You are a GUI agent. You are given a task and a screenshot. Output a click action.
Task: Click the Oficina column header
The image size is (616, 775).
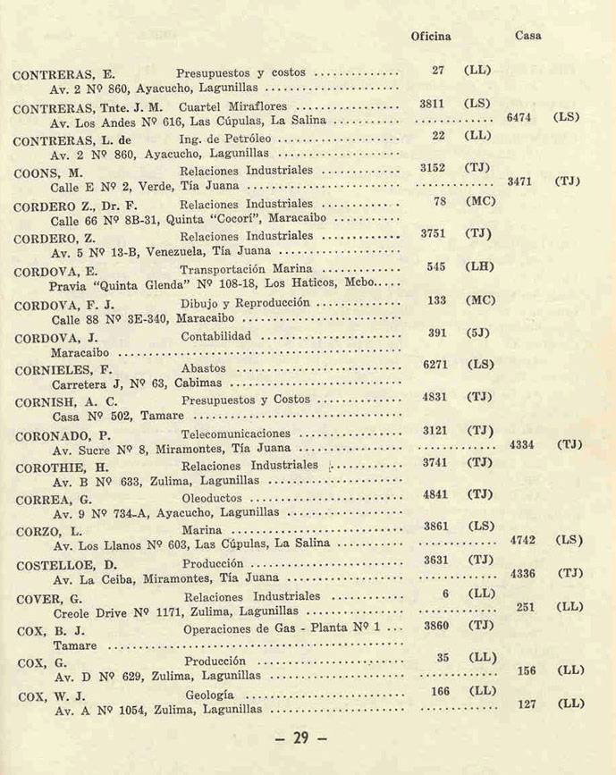430,37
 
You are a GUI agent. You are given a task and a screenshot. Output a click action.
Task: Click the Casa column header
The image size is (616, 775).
528,37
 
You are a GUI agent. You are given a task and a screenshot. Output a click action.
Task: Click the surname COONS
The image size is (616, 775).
37,173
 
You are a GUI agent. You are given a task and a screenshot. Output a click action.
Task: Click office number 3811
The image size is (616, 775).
433,104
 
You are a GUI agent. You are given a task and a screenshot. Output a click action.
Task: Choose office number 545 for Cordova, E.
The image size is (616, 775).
436,266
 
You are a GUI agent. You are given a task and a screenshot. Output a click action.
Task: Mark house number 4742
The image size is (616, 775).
523,541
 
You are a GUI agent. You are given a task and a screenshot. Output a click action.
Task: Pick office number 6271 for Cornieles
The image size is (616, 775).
435,365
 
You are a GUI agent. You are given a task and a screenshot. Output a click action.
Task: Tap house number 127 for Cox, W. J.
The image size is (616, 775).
527,704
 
